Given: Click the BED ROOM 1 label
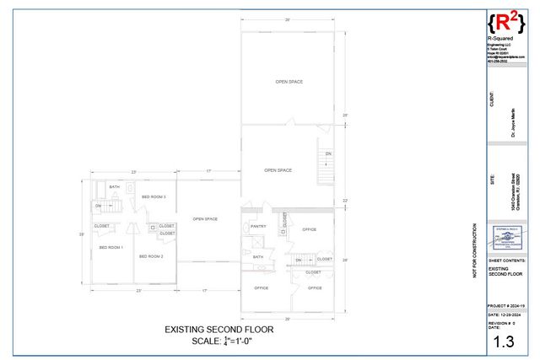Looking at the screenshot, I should (111, 247).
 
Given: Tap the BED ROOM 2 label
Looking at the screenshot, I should (151, 255).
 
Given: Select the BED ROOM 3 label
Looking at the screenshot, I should (154, 196).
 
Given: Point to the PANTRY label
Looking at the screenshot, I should (258, 226).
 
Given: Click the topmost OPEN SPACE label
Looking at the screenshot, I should (289, 82).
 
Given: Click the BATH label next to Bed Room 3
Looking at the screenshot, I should (114, 186).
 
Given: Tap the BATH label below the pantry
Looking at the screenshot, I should (258, 257).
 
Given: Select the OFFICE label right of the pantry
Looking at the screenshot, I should (310, 229).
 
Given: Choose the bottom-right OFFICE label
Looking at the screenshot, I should (315, 287).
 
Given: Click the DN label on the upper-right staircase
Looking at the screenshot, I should (328, 153).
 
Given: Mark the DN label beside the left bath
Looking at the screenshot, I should (98, 206).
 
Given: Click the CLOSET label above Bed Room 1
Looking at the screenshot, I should (101, 225).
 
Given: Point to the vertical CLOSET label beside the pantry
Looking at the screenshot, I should (284, 220).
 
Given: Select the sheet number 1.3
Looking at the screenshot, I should (504, 341).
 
